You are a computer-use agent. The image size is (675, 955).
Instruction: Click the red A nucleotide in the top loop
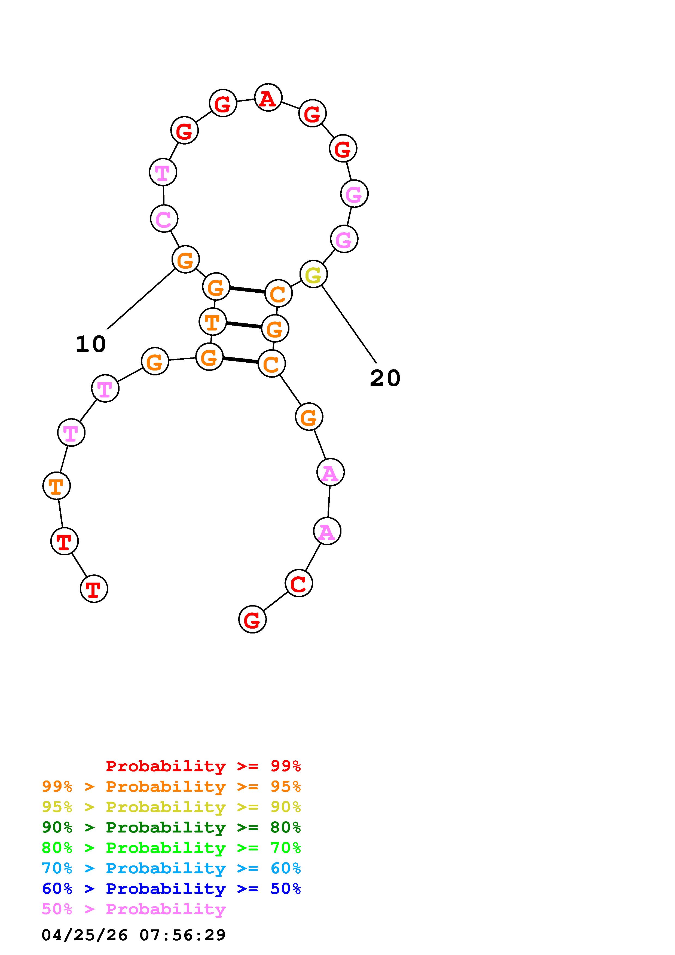(268, 97)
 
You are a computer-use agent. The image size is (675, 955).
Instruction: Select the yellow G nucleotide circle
(314, 274)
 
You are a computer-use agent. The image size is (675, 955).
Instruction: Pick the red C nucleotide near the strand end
(299, 583)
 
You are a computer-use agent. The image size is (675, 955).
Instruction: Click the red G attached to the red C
(252, 619)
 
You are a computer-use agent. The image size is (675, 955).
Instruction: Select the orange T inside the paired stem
(213, 322)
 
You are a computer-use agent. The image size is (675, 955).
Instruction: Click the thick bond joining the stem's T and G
(244, 325)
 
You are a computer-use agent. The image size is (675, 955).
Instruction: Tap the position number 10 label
(91, 344)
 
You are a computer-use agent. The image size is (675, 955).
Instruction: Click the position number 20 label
(385, 378)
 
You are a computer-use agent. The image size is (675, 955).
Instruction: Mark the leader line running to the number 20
(349, 325)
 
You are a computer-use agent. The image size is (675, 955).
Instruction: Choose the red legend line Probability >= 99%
(203, 766)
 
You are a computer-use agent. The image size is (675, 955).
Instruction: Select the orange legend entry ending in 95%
(171, 786)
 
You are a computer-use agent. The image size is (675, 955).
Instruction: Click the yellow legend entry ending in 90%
(171, 807)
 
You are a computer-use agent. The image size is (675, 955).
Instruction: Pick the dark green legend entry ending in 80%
(171, 827)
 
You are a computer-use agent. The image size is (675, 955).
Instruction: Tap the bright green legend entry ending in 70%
(171, 848)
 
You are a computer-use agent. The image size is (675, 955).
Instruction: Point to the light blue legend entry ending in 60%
(171, 868)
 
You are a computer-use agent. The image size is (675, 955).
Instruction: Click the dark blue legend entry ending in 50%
(171, 889)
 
